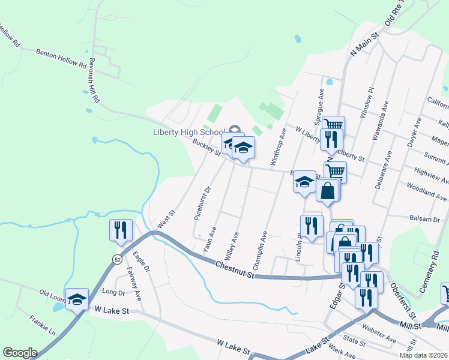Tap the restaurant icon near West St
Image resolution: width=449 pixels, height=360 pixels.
(121, 231)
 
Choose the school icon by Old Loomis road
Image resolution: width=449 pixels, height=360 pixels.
(77, 299)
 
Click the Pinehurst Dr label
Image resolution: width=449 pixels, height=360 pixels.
(201, 203)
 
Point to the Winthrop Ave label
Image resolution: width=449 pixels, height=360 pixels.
(280, 146)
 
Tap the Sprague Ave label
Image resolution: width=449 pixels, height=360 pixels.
(321, 103)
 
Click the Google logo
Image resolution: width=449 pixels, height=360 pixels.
(20, 353)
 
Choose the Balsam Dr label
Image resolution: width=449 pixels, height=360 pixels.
(425, 219)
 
